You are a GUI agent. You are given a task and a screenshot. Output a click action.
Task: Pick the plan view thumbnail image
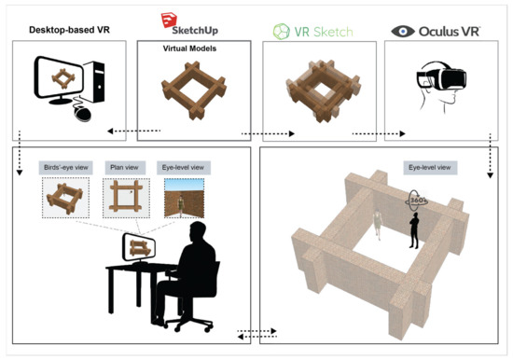(x=120, y=197)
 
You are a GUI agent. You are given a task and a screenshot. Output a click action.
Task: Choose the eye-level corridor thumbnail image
(x=179, y=197)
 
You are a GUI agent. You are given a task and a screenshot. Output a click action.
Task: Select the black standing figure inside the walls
(x=416, y=228)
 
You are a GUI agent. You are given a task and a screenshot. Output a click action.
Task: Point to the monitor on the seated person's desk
(x=139, y=248)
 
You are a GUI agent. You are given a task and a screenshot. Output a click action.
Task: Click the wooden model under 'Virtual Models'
(x=193, y=93)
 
